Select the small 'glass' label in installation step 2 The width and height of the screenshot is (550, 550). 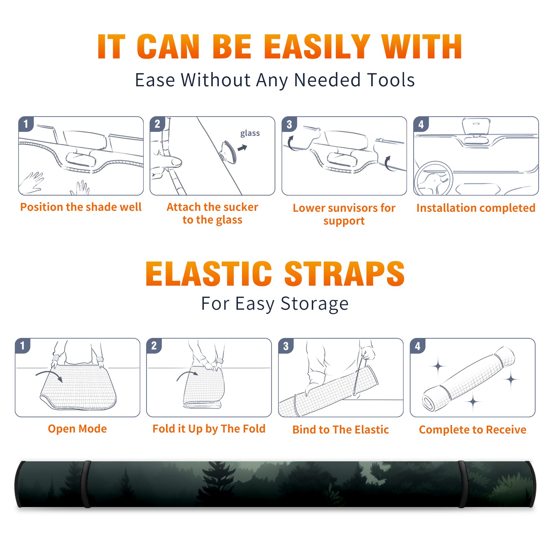tap(250, 133)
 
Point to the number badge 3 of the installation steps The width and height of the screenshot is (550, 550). tap(289, 124)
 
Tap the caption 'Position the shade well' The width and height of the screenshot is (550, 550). tap(81, 207)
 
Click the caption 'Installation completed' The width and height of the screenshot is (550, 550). tap(476, 208)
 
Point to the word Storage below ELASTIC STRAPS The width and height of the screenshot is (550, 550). tap(315, 304)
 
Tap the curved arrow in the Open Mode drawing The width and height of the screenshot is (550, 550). tap(49, 375)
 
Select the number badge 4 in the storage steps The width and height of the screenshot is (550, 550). tap(418, 346)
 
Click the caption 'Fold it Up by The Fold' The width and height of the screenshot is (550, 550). tap(209, 429)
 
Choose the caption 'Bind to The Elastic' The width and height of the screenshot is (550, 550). tap(341, 430)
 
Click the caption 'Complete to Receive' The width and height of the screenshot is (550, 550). tap(473, 430)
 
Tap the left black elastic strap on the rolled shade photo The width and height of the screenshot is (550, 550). tap(87, 484)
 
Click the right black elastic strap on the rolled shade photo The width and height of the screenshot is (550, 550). tap(462, 484)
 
